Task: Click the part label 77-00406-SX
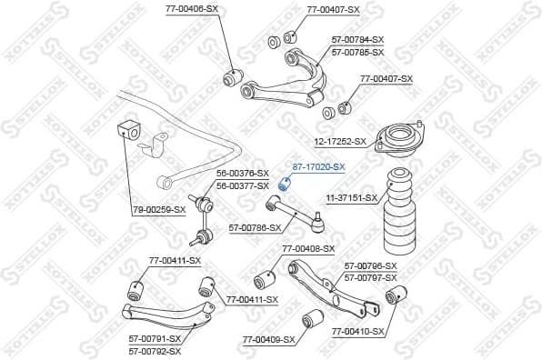click(192, 8)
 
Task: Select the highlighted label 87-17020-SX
click(318, 166)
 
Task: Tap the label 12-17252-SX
click(340, 142)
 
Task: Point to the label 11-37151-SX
click(352, 197)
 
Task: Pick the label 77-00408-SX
click(308, 248)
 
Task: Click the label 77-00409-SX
click(269, 340)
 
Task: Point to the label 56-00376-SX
click(243, 174)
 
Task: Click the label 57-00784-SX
click(357, 41)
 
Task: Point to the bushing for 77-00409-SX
click(314, 318)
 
